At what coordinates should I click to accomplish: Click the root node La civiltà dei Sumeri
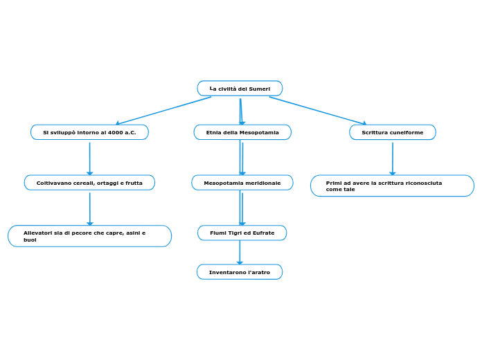(240, 89)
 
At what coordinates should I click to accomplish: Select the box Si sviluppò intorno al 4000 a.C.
(89, 132)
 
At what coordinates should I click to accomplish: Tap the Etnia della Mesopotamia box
(242, 132)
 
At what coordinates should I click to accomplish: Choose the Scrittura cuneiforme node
(392, 132)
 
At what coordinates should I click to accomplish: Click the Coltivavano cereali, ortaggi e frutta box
(89, 183)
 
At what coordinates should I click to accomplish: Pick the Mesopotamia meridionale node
(242, 183)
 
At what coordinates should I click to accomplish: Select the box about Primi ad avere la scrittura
(392, 186)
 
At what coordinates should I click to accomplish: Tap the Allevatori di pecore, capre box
(89, 236)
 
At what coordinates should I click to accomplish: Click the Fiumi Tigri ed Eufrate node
(242, 233)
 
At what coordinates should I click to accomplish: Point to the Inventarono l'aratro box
(240, 272)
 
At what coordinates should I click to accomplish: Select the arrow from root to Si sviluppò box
(163, 111)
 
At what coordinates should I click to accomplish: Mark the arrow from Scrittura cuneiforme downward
(393, 159)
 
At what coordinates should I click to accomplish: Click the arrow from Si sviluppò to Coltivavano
(89, 159)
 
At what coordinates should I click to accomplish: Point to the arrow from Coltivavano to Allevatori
(89, 208)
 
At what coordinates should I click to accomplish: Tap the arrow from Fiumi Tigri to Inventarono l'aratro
(240, 253)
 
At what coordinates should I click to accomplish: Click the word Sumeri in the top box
(259, 89)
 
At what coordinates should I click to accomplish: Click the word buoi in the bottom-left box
(30, 240)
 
